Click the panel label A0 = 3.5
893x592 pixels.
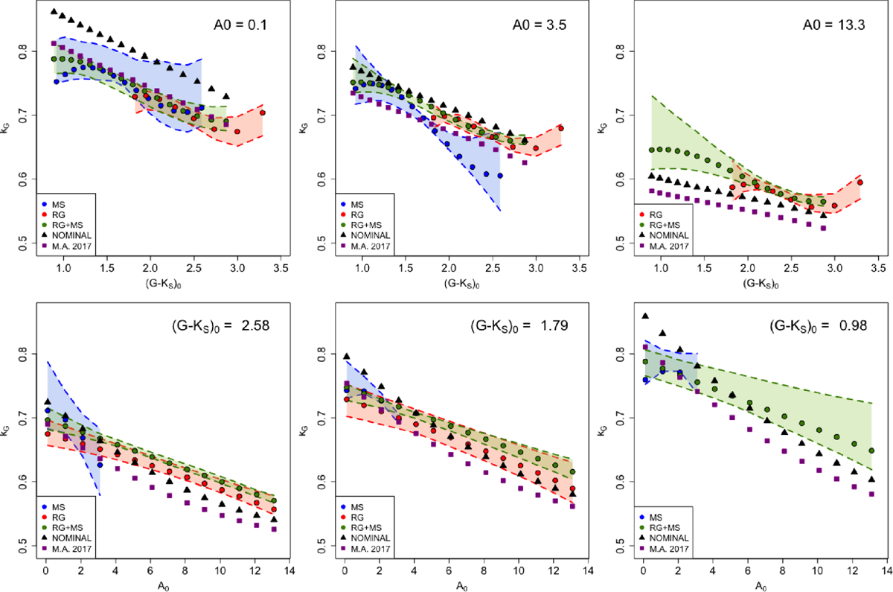pos(536,25)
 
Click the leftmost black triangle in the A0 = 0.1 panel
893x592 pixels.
pos(54,12)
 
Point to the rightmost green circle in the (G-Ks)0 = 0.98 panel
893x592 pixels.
pos(871,451)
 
